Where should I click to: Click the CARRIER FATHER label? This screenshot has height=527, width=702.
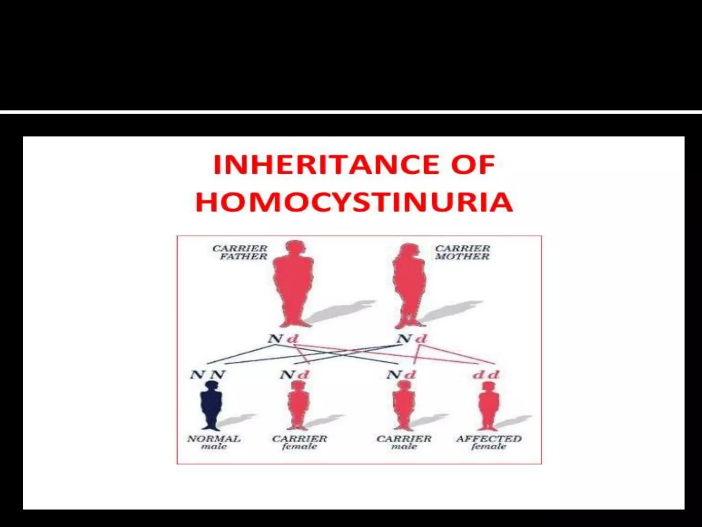(240, 252)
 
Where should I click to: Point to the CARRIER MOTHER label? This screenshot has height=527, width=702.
(462, 252)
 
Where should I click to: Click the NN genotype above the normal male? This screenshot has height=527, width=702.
(208, 375)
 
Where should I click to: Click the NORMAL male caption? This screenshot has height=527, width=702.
(214, 442)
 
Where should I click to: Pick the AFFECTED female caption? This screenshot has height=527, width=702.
(489, 442)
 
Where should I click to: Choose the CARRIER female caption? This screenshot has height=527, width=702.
(300, 442)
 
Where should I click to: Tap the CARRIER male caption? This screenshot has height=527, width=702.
(404, 442)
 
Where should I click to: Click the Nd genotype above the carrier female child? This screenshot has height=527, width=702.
(294, 375)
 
